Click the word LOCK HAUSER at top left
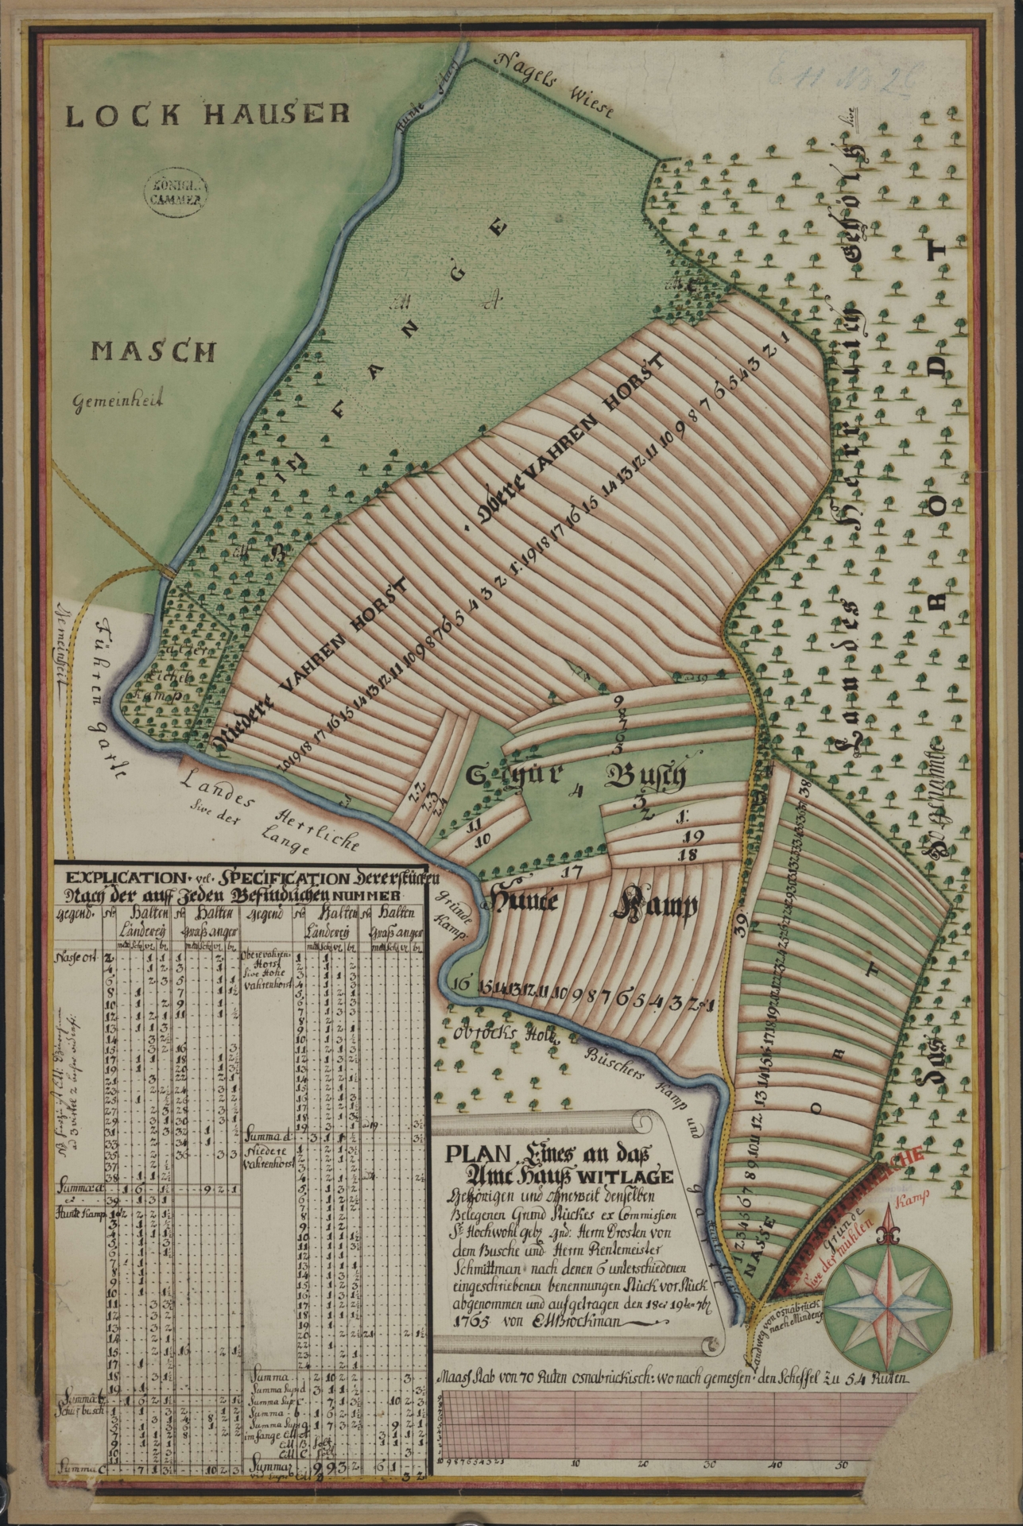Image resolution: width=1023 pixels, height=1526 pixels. [x=207, y=116]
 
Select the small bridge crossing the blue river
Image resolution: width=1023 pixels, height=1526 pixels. [x=169, y=569]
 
